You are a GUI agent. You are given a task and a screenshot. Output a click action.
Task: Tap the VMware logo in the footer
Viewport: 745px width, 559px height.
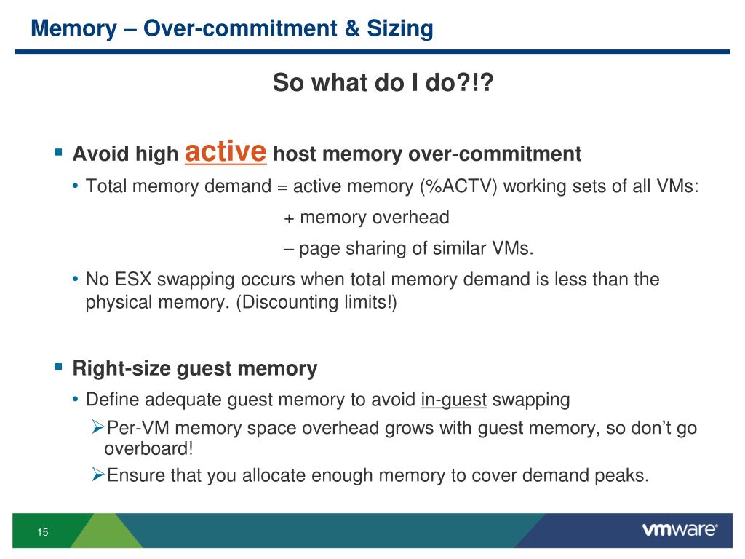tap(680, 530)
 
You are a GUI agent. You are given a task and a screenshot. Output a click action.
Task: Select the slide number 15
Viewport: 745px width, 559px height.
tap(43, 533)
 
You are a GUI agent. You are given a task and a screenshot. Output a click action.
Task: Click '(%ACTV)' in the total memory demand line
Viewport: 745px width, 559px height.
tap(458, 186)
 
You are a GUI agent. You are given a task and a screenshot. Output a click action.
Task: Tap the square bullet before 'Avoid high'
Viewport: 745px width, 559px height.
tap(59, 154)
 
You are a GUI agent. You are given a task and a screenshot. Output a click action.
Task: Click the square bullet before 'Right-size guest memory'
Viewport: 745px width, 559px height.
tap(59, 368)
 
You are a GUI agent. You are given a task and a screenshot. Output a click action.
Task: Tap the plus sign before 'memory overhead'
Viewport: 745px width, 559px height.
tap(289, 218)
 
